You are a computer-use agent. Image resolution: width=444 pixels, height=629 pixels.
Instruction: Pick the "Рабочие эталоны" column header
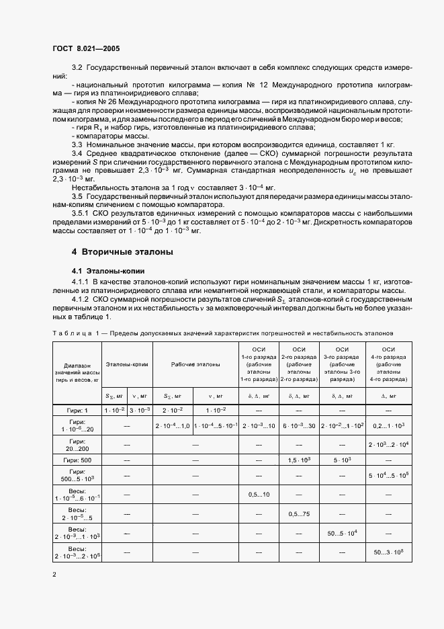[x=195, y=364]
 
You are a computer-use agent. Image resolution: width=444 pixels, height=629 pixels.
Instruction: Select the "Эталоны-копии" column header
[x=127, y=364]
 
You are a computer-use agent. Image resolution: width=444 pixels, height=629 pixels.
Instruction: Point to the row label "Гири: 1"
[x=77, y=410]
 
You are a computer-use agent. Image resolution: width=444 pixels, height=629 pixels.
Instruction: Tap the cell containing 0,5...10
[x=259, y=495]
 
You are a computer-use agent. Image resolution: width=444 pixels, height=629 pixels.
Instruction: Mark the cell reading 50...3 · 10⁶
[x=388, y=552]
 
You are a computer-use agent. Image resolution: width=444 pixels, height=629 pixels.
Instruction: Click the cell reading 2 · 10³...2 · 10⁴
[x=388, y=445]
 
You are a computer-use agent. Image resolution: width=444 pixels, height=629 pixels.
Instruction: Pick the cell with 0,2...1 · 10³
[x=388, y=426]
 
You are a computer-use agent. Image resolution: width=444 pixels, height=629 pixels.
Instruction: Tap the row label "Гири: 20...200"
[x=77, y=444]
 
